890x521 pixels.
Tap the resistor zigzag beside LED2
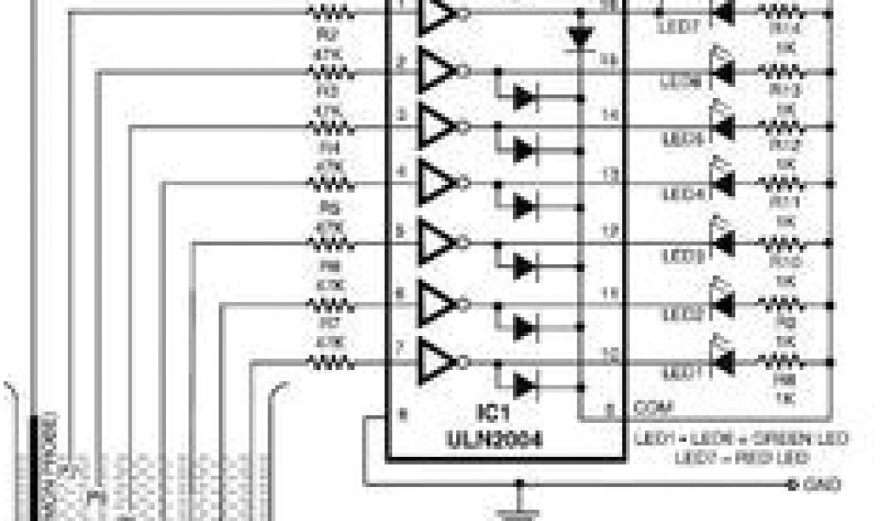(x=780, y=303)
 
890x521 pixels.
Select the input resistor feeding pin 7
(x=330, y=362)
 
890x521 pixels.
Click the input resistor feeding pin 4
(x=330, y=184)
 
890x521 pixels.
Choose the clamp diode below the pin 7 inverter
(x=523, y=385)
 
